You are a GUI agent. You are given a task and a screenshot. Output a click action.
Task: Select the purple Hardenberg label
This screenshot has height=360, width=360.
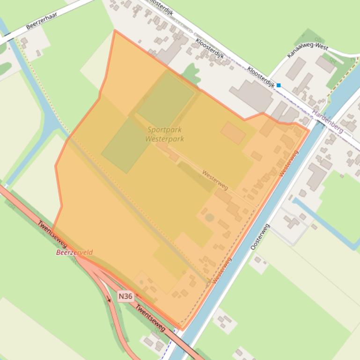pos(328,121)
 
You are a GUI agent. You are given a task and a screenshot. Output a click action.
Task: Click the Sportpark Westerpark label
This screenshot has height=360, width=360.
pos(164,134)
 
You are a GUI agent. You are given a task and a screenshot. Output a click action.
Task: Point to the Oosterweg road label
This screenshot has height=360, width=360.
pos(260,237)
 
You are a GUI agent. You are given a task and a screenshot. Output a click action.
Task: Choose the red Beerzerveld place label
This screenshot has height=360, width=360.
pos(74,252)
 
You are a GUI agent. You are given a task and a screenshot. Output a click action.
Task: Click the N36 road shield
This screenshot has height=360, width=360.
pos(125,296)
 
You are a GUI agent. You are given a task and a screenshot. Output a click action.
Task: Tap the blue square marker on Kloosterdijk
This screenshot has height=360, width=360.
pos(279,85)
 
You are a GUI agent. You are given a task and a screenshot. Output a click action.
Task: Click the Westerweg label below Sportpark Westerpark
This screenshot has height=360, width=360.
pos(215,180)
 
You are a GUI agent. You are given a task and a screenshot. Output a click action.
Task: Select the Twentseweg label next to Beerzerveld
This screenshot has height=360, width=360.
pos(52,234)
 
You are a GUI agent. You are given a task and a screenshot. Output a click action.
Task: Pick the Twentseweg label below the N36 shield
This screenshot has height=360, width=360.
pos(150,318)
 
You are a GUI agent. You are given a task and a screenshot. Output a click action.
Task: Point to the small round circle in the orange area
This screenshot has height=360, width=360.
pos(209,217)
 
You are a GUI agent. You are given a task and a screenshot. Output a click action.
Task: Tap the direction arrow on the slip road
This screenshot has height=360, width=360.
pos(110,299)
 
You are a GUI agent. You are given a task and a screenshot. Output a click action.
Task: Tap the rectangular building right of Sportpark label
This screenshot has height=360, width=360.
pos(233,133)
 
